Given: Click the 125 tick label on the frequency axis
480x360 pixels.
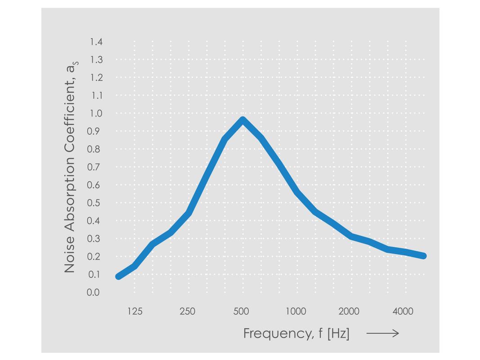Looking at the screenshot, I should [135, 311].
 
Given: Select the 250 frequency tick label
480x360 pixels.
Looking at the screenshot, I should [188, 311].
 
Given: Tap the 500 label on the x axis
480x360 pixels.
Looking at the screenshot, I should [242, 311].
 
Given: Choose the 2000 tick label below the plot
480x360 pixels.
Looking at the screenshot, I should [349, 311].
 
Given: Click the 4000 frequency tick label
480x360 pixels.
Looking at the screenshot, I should [403, 311].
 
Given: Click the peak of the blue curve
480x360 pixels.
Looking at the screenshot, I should [242, 121].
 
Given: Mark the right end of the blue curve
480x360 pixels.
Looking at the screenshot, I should [423, 256].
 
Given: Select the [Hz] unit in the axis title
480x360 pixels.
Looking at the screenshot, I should [338, 334].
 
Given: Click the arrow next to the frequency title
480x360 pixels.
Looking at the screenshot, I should [382, 333].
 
